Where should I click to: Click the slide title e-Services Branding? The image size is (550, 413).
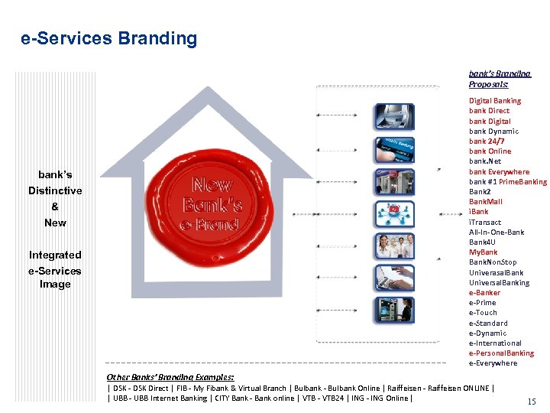click(109, 39)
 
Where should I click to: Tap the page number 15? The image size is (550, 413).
click(532, 401)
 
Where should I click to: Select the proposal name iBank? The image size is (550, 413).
click(479, 212)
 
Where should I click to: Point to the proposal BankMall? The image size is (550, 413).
click(486, 202)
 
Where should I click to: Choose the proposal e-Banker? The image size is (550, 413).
click(484, 293)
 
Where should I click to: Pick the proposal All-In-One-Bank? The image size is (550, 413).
click(497, 232)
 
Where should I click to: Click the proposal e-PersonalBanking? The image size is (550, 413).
click(501, 353)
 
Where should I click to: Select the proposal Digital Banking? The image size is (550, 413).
click(495, 100)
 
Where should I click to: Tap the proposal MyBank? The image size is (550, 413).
click(483, 252)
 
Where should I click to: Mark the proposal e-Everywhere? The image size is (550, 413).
click(493, 363)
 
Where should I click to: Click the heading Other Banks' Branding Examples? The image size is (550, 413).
click(170, 377)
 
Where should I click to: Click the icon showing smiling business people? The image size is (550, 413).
click(394, 246)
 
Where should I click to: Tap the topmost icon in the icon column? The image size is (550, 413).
click(394, 116)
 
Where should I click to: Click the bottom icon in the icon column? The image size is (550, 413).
click(394, 310)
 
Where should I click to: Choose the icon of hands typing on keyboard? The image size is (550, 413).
click(394, 278)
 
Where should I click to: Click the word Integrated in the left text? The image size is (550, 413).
click(55, 255)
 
